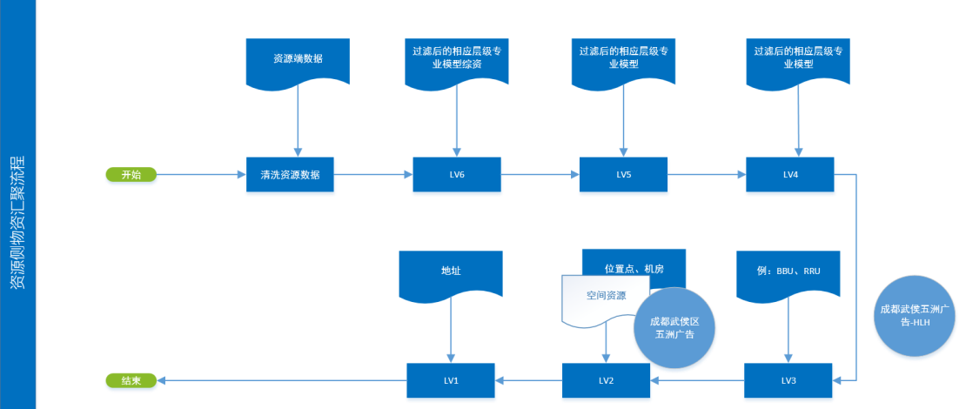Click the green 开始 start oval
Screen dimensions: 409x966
coord(131,175)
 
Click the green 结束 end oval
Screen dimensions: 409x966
coord(131,380)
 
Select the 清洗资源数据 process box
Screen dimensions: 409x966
coord(290,175)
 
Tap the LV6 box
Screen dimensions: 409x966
coord(457,175)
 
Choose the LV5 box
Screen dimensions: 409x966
coord(623,175)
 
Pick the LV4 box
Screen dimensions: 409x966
coord(789,175)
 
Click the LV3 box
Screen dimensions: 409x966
coord(788,380)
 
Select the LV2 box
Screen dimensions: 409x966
coord(606,380)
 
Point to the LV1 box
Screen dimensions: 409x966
coord(450,380)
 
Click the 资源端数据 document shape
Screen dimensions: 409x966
coord(298,60)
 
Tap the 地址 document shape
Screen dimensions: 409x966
coord(450,271)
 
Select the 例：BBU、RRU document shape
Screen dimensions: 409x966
coord(788,271)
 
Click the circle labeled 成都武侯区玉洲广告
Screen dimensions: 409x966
coord(674,327)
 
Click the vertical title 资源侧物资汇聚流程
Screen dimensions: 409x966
coord(17,222)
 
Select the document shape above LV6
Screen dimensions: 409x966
coord(457,60)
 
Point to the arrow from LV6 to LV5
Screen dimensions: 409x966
coord(540,175)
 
